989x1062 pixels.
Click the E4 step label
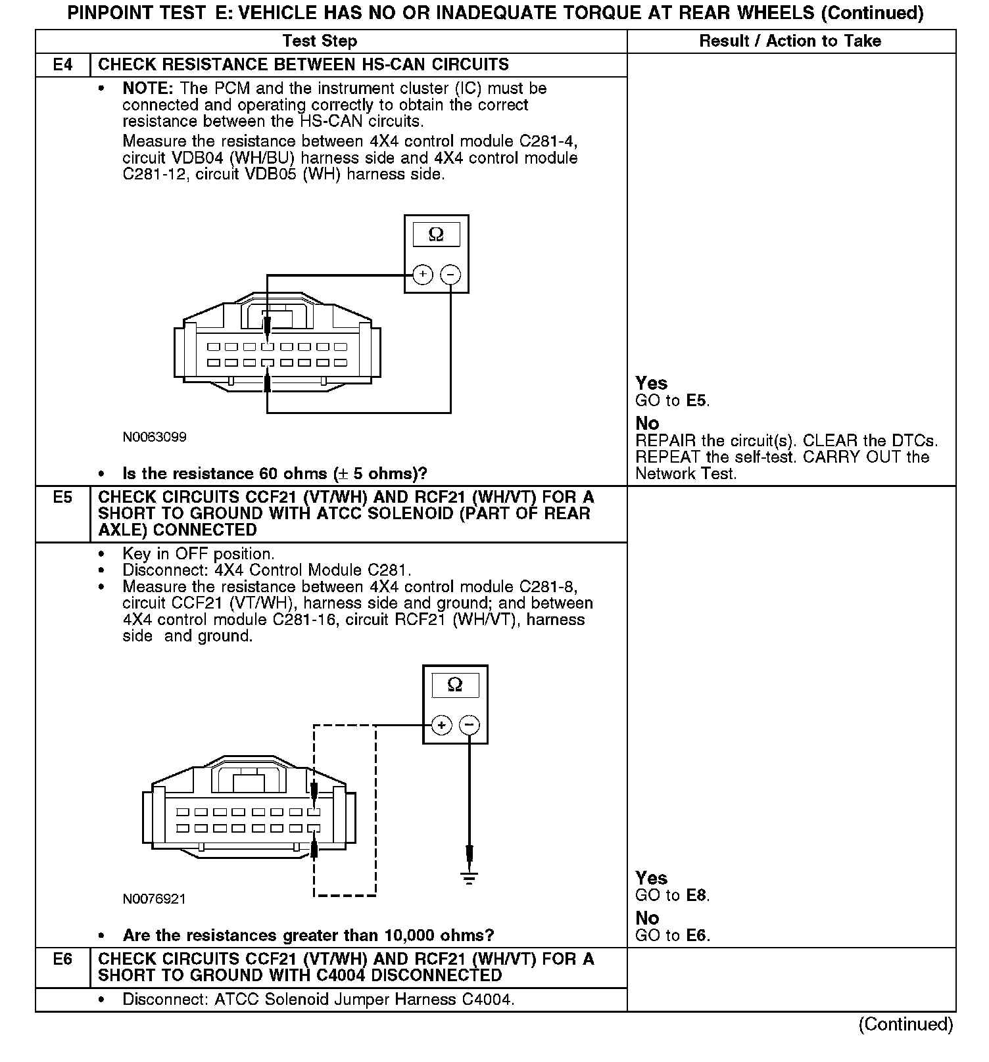coord(62,64)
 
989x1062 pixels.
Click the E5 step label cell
coord(62,497)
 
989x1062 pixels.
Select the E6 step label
coord(62,959)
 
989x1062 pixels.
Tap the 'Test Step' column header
coord(320,41)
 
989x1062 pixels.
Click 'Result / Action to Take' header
coord(790,41)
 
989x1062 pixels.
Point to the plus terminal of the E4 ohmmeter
coord(422,274)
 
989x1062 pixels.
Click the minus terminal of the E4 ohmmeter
coord(450,274)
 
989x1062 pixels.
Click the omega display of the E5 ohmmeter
coord(455,685)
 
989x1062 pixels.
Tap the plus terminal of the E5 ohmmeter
coord(441,726)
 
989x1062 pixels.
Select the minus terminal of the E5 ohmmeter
coord(469,726)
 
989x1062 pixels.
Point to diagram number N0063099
coord(155,437)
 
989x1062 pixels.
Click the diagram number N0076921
coord(155,898)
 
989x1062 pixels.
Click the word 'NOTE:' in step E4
coord(149,88)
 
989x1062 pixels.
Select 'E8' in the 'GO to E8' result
coord(696,895)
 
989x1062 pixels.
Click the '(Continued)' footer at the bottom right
coord(905,1024)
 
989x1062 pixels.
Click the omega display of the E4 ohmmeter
coord(436,235)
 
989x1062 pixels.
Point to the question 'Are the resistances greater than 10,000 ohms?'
coord(308,935)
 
